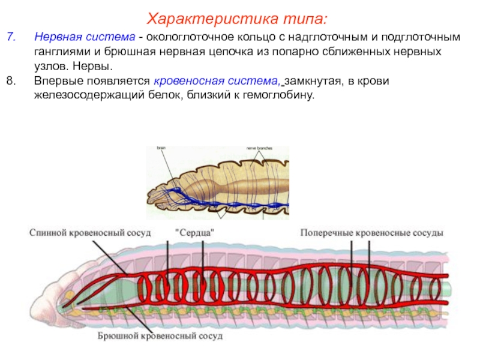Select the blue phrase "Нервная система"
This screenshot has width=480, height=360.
pyautogui.click(x=84, y=37)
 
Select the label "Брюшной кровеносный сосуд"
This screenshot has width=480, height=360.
pyautogui.click(x=160, y=336)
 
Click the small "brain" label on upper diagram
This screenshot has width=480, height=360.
pyautogui.click(x=161, y=148)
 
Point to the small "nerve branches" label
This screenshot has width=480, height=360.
pyautogui.click(x=259, y=148)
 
